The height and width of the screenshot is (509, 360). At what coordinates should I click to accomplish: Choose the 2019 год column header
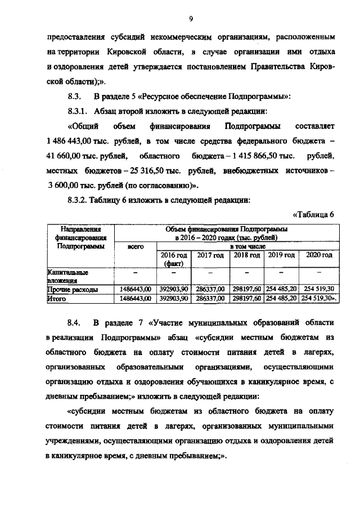[281, 255]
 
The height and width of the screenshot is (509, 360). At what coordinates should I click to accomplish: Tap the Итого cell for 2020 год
[317, 299]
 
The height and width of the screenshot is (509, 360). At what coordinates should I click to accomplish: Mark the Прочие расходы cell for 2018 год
[246, 289]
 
